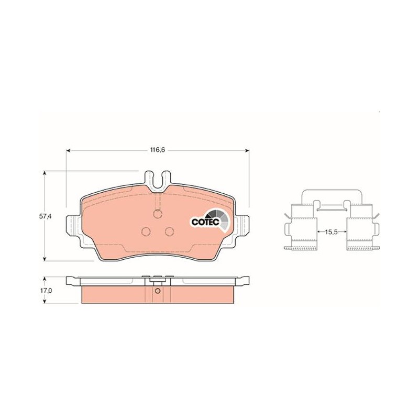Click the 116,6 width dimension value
(x=158, y=150)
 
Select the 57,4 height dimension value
(x=45, y=216)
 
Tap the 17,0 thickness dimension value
(x=45, y=291)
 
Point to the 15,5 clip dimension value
(x=332, y=232)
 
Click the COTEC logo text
(x=205, y=222)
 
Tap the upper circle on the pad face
(x=158, y=214)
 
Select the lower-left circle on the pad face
(x=146, y=231)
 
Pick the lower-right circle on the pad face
(x=169, y=231)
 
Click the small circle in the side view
(x=158, y=291)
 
